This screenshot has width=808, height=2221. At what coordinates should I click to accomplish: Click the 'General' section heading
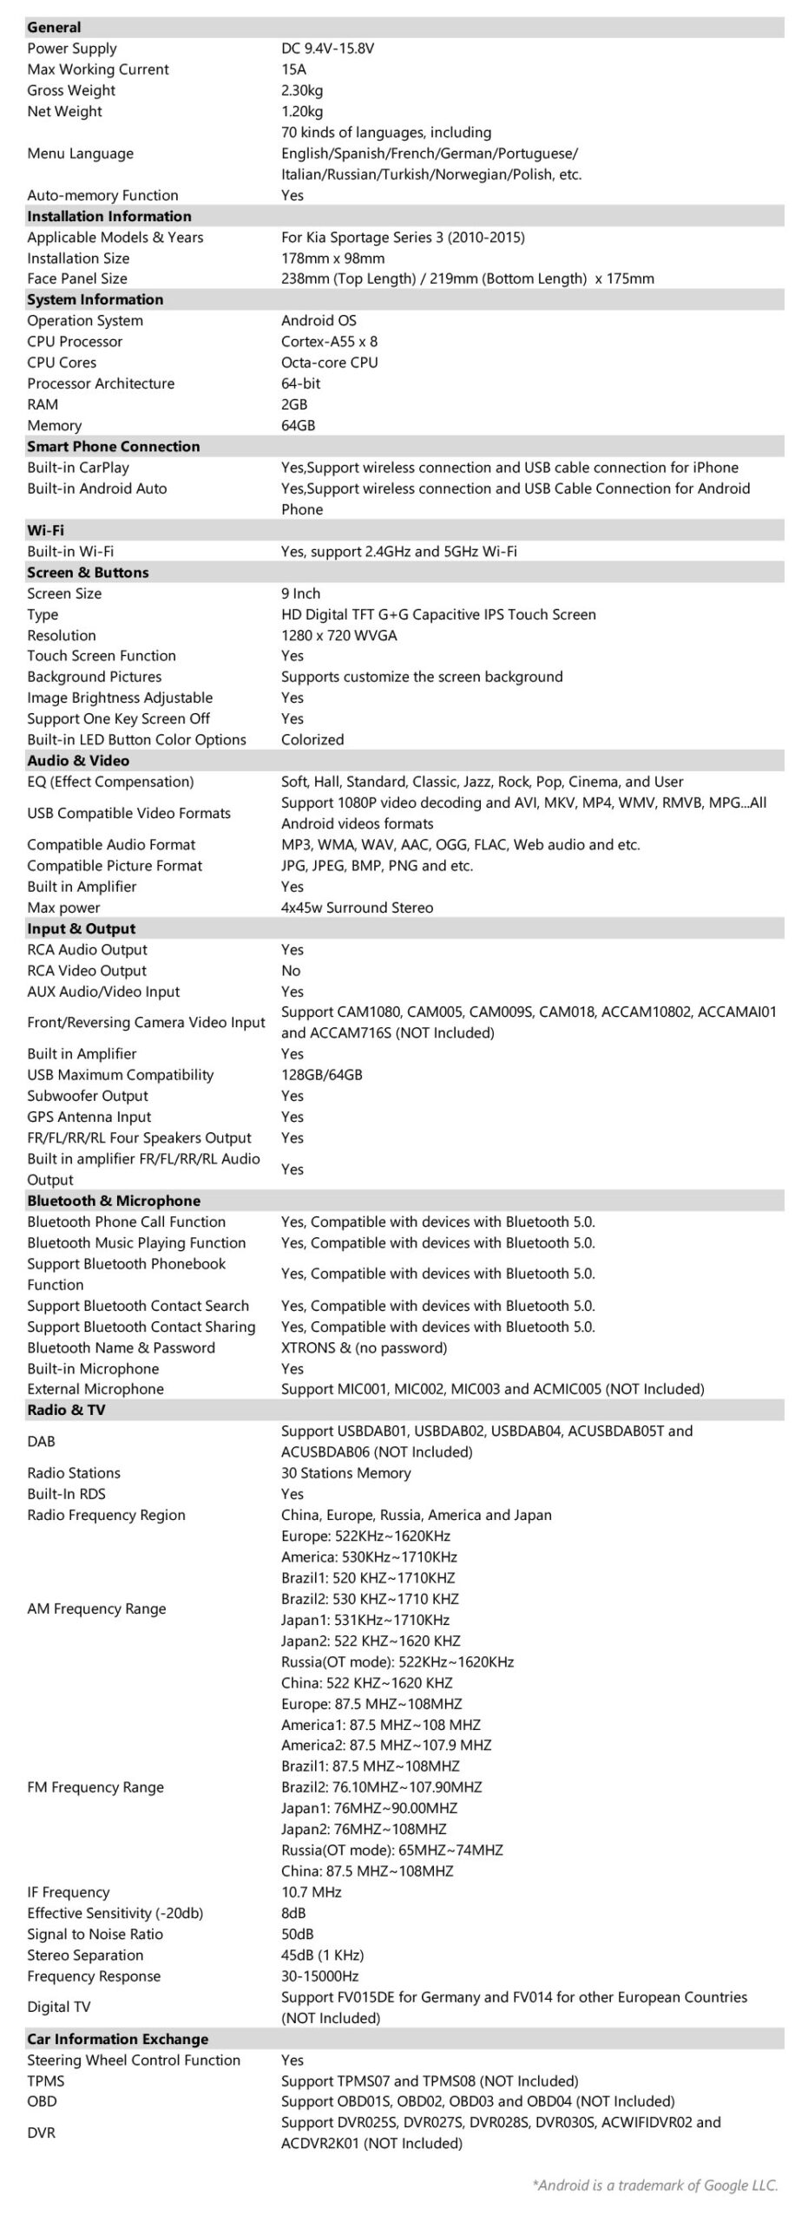coord(54,28)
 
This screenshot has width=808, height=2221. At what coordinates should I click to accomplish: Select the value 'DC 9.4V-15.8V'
coord(327,49)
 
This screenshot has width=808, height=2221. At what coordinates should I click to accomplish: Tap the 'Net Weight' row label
coord(64,112)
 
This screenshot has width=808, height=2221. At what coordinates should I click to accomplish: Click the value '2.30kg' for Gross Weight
coord(302,90)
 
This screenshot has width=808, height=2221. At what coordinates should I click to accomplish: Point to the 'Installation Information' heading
coord(109,217)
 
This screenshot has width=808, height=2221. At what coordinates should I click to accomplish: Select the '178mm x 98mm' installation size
coord(332,259)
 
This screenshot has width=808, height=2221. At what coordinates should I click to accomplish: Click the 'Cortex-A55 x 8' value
coord(329,342)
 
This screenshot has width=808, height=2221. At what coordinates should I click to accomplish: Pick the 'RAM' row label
coord(43,405)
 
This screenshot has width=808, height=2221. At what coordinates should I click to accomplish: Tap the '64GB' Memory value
coord(298,426)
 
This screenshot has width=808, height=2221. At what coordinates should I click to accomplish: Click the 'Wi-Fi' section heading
coord(45,531)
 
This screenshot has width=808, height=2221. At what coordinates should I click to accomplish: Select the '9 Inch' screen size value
coord(300,594)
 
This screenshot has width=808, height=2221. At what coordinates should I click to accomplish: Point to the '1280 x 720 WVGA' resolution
coord(338,636)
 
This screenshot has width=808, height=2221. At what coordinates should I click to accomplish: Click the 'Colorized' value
coord(312,740)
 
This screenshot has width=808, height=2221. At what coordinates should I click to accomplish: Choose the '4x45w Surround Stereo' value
coord(357,908)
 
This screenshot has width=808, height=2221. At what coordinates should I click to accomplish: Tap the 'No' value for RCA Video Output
coord(291,972)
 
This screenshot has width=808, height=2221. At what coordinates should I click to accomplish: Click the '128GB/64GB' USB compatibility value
coord(321,1076)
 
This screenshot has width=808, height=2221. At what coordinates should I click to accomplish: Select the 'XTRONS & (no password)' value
coord(364,1348)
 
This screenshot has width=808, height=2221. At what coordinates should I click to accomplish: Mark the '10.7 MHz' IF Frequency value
coord(311,1893)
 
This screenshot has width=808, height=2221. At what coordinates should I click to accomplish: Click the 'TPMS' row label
coord(45,2081)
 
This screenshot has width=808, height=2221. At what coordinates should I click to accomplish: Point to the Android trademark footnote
coord(655,2185)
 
